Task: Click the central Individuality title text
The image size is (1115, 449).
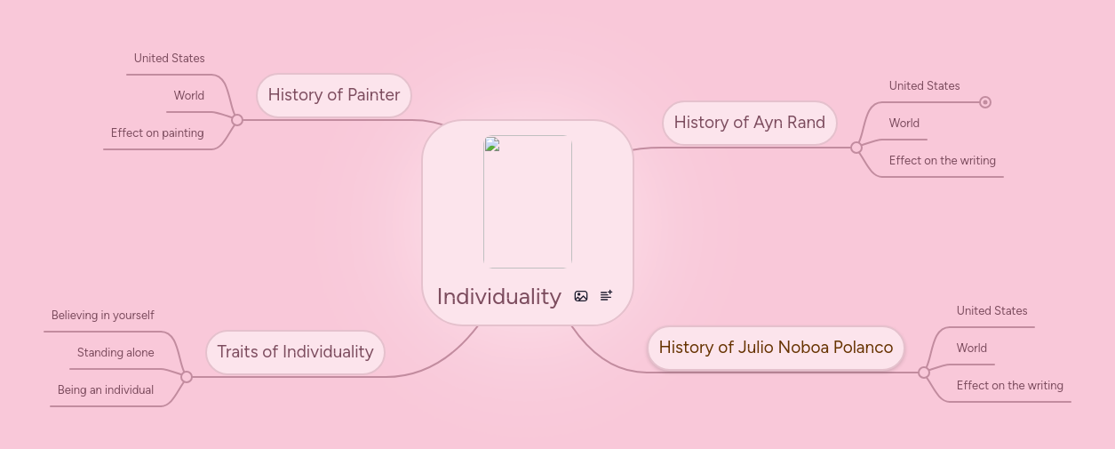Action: (x=498, y=296)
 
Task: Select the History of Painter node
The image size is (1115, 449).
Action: (x=334, y=95)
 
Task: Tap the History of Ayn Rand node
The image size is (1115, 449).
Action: (x=749, y=123)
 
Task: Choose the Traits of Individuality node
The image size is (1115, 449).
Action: (x=295, y=352)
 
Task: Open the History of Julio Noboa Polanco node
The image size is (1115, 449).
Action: (x=776, y=348)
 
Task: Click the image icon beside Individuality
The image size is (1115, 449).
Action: (x=581, y=296)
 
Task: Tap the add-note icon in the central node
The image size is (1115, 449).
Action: (x=606, y=296)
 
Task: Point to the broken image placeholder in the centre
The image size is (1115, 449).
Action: (x=528, y=202)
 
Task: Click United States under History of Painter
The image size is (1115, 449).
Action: (x=169, y=59)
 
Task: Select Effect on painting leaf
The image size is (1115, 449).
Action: (x=157, y=133)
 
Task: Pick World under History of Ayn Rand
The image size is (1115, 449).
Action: (x=904, y=124)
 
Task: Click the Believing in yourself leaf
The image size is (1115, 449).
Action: (x=103, y=316)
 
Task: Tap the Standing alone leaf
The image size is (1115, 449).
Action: (x=115, y=353)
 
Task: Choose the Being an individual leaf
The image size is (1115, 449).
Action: (x=106, y=390)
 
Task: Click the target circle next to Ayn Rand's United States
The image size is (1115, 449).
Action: (x=985, y=102)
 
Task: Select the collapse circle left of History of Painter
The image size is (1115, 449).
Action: (x=237, y=120)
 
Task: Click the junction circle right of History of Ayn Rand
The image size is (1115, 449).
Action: (x=856, y=148)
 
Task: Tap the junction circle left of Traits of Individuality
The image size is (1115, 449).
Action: (x=187, y=377)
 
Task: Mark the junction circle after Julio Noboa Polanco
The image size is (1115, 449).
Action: (x=924, y=373)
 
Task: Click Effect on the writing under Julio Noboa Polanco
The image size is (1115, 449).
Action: (x=1009, y=386)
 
